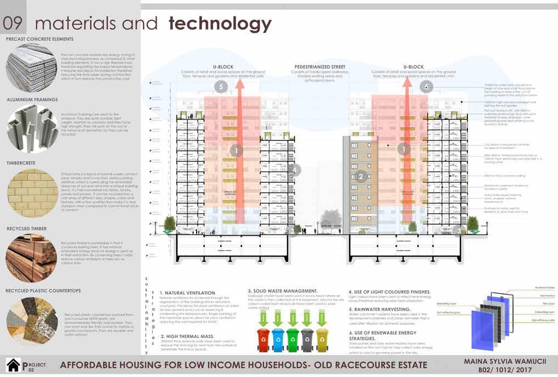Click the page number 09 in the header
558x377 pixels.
(x=13, y=24)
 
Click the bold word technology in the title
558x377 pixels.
(x=220, y=24)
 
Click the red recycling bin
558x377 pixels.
(x=264, y=340)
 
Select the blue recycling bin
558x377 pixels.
(x=278, y=340)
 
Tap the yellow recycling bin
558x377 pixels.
(x=321, y=340)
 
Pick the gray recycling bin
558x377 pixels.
(x=307, y=340)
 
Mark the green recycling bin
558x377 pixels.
(x=293, y=340)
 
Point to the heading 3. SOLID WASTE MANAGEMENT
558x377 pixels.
(x=282, y=291)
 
